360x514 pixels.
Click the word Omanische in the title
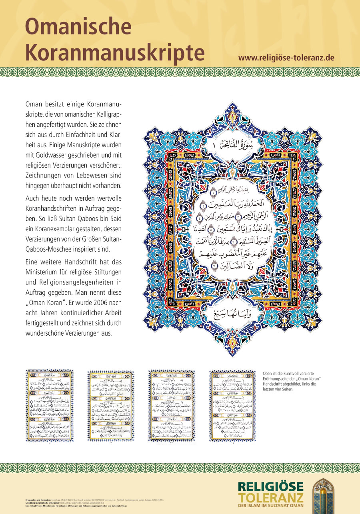coord(78,26)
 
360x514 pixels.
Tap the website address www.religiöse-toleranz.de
coord(286,57)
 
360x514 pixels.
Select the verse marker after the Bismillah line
coord(213,194)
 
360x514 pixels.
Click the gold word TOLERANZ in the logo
coord(271,498)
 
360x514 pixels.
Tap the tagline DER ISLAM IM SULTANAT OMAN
coord(271,506)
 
